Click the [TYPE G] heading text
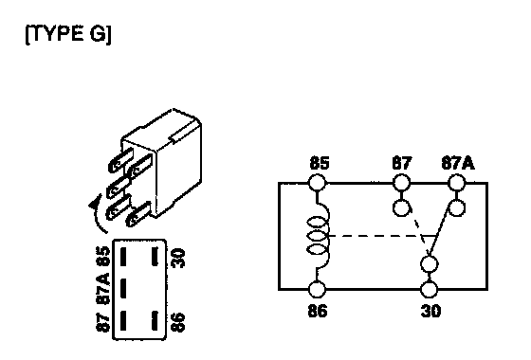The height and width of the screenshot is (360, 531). (x=68, y=34)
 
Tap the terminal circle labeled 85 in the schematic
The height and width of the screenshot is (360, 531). (x=318, y=183)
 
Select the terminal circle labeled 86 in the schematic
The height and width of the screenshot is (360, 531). (x=318, y=290)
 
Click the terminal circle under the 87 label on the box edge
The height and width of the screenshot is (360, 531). (x=401, y=183)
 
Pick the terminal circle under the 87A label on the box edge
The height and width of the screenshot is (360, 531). (x=456, y=183)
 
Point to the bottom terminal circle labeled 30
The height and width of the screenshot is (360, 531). (x=429, y=290)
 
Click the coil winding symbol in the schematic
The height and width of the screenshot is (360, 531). (x=319, y=236)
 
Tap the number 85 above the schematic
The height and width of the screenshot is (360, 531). (x=320, y=163)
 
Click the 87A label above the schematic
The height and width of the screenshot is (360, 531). (x=458, y=163)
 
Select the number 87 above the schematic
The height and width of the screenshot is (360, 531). (x=402, y=163)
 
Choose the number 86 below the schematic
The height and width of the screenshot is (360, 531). (x=318, y=311)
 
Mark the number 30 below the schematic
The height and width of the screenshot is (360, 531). (x=430, y=311)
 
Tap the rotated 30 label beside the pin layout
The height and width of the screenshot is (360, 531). (x=178, y=258)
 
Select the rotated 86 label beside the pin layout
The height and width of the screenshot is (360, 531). (x=178, y=322)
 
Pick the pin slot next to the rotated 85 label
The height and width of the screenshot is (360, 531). (x=123, y=257)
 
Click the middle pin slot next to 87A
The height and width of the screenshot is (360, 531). (x=123, y=288)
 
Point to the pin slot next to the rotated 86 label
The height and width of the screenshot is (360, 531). (x=155, y=320)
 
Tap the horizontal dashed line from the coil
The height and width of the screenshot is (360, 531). (x=380, y=236)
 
